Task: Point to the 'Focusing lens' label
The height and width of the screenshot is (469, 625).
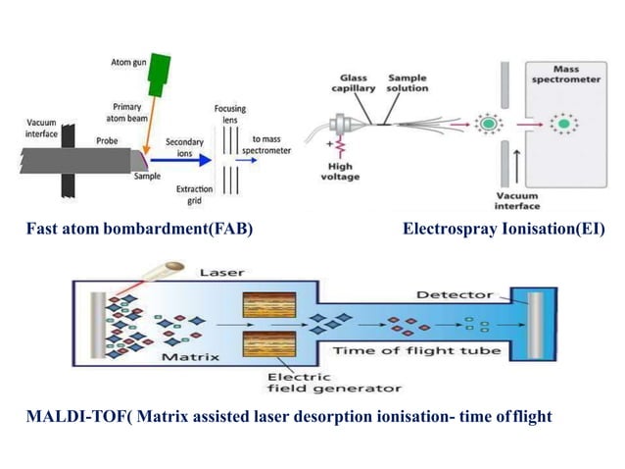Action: (x=232, y=114)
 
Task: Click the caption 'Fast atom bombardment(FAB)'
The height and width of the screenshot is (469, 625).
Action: (x=135, y=231)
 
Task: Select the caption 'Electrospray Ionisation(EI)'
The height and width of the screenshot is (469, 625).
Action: (x=504, y=231)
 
